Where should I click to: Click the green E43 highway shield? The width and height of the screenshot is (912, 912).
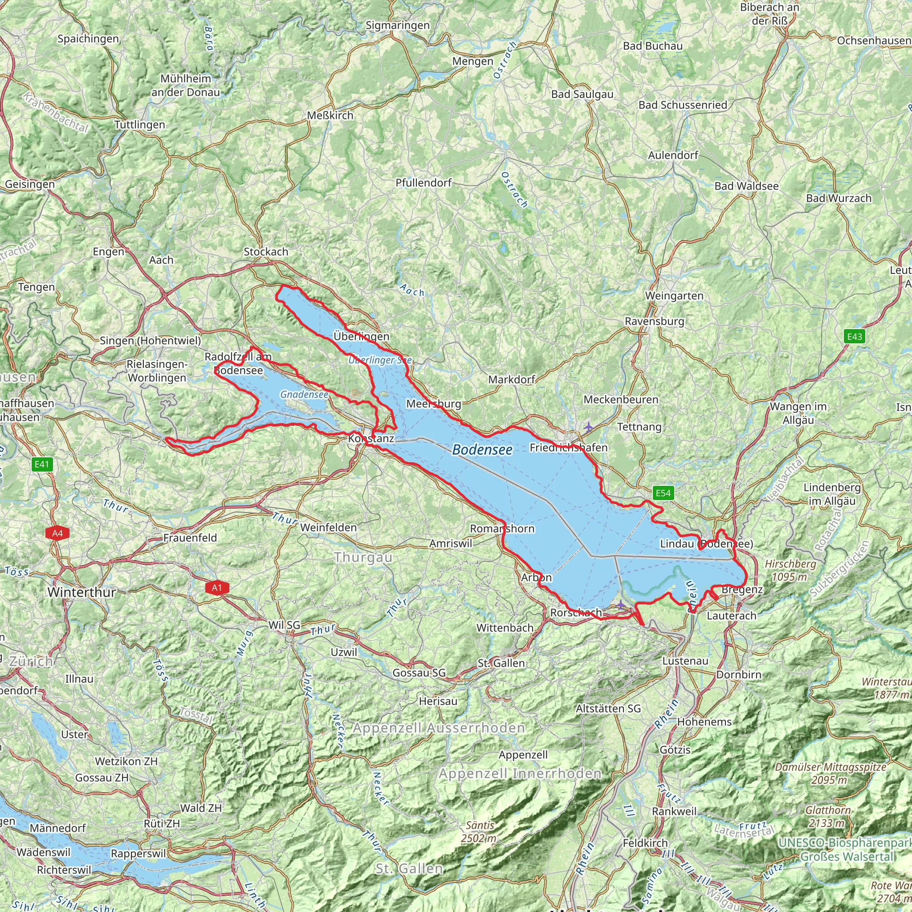click(855, 337)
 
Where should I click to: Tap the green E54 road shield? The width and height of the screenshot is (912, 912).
click(663, 493)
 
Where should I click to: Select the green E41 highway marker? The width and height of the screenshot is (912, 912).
click(41, 464)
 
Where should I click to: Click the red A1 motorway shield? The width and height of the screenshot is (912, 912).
click(217, 588)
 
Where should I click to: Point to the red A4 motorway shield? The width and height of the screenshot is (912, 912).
click(57, 533)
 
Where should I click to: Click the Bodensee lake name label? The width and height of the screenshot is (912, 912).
click(482, 450)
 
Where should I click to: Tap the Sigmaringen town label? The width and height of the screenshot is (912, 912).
click(398, 25)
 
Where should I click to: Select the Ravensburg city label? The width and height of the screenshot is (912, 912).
click(654, 322)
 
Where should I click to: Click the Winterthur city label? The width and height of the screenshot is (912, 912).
click(81, 592)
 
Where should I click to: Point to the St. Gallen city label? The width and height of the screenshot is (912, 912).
click(501, 663)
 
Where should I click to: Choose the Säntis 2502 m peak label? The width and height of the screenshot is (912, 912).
click(480, 831)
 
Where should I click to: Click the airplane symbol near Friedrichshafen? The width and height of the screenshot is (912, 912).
click(588, 427)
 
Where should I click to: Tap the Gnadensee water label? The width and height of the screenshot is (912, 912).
click(304, 395)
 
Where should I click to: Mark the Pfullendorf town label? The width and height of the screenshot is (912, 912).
click(423, 183)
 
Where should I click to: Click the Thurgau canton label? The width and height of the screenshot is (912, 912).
click(363, 558)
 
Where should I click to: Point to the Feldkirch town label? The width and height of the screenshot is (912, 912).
click(645, 843)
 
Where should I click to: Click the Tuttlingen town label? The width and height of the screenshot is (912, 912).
click(140, 125)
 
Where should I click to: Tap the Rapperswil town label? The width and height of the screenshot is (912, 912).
click(138, 854)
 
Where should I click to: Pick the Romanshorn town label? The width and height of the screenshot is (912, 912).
click(502, 529)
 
